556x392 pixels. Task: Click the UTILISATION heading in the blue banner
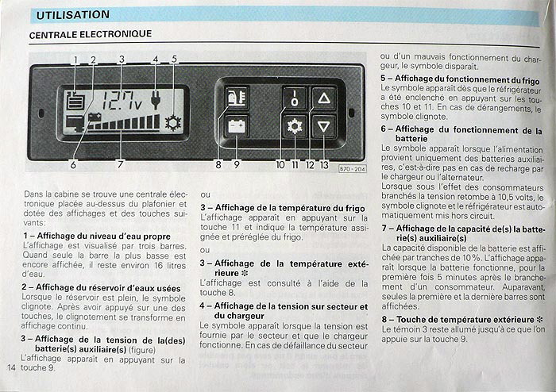pyautogui.click(x=73, y=15)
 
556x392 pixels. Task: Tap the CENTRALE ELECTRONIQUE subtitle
pyautogui.click(x=91, y=34)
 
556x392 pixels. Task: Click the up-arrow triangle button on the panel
pyautogui.click(x=324, y=98)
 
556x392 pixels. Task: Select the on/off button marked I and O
pyautogui.click(x=295, y=98)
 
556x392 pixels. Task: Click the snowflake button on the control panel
pyautogui.click(x=295, y=126)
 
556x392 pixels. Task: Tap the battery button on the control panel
pyautogui.click(x=237, y=126)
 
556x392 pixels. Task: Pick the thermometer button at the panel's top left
pyautogui.click(x=237, y=98)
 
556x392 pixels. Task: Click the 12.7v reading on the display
pyautogui.click(x=122, y=101)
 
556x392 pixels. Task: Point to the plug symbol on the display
pyautogui.click(x=155, y=99)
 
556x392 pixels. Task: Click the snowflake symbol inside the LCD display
pyautogui.click(x=172, y=123)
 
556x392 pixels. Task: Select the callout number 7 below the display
pyautogui.click(x=121, y=165)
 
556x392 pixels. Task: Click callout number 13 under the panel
pyautogui.click(x=324, y=165)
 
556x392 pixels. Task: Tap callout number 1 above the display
pyautogui.click(x=75, y=60)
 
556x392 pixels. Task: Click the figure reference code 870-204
pyautogui.click(x=352, y=169)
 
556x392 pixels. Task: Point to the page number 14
pyautogui.click(x=11, y=367)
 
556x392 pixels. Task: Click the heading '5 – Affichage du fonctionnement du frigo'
pyautogui.click(x=460, y=79)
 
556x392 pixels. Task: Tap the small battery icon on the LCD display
pyautogui.click(x=95, y=117)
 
